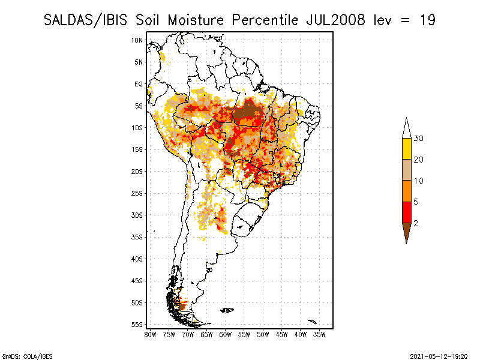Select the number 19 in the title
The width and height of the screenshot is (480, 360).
[x=427, y=20]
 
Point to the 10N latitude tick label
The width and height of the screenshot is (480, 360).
[x=137, y=40]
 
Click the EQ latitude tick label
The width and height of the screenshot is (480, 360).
[x=138, y=84]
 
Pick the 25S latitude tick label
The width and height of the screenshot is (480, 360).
[x=137, y=193]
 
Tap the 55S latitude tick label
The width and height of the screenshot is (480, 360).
[x=137, y=325]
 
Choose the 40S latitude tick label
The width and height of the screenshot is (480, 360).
[x=137, y=259]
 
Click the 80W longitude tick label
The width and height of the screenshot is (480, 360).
[x=150, y=334]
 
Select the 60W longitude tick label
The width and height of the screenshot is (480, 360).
[x=226, y=334]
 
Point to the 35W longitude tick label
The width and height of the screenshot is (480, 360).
[x=320, y=334]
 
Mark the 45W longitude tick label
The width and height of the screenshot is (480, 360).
[x=282, y=334]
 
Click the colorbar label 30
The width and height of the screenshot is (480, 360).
[x=419, y=139]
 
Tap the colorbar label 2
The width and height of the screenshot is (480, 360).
[x=416, y=223]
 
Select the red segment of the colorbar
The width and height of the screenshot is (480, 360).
[x=406, y=212]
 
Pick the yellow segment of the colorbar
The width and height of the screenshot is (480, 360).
[x=406, y=149]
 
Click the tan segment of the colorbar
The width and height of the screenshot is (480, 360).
[x=406, y=170]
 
